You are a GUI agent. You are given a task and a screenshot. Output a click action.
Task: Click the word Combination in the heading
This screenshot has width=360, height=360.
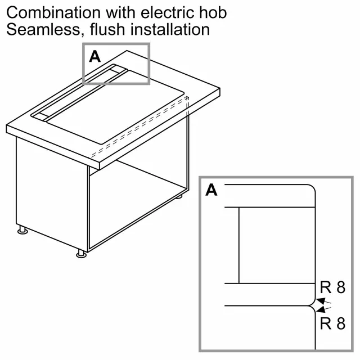(x=53, y=12)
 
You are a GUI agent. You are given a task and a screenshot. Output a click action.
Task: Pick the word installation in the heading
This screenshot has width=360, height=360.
(x=170, y=29)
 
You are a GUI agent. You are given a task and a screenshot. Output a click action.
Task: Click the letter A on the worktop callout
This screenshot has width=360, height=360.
(x=95, y=56)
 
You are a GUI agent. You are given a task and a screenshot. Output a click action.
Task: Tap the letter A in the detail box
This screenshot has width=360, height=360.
(x=211, y=190)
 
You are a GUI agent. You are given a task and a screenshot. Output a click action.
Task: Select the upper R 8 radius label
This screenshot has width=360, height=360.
(x=332, y=287)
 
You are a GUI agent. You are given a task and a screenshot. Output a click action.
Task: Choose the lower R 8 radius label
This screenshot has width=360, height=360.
(x=332, y=323)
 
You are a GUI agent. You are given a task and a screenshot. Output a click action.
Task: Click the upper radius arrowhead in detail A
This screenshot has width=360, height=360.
(x=321, y=301)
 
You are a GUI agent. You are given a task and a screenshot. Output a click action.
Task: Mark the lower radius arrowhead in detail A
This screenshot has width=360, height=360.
(x=321, y=309)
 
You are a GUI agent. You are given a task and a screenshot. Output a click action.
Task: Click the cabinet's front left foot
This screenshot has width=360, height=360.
(x=22, y=230)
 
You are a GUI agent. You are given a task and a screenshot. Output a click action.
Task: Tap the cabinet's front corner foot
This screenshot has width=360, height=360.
(x=81, y=254)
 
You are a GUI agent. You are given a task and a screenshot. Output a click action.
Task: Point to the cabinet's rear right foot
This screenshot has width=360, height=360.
(x=179, y=196)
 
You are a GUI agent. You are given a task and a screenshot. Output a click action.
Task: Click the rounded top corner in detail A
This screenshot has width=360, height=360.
(x=311, y=188)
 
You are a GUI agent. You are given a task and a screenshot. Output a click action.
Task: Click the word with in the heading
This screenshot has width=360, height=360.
(x=120, y=12)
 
